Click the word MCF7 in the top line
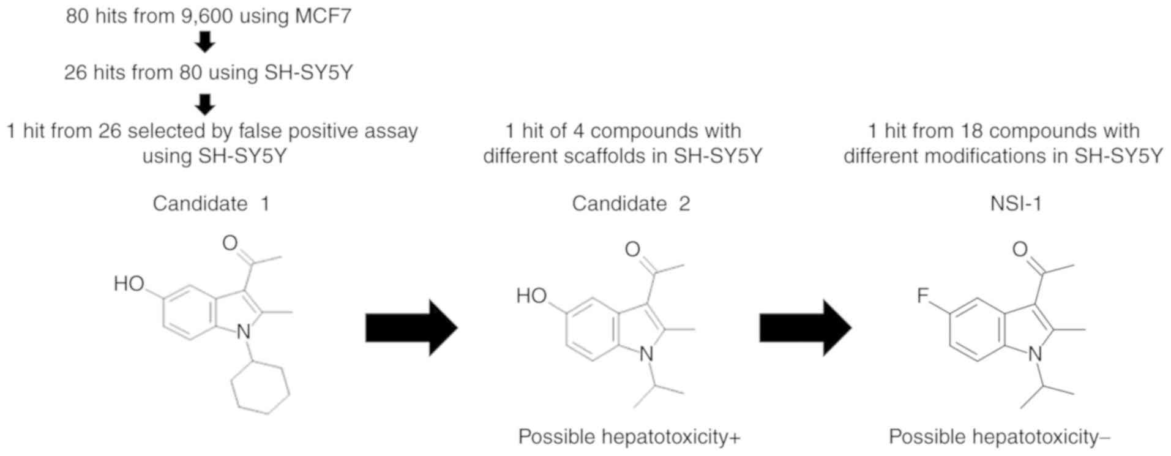[323, 15]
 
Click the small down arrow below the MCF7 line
[205, 42]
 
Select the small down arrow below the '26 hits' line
[205, 104]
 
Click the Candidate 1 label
[211, 203]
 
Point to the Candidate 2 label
[630, 203]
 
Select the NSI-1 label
[1016, 203]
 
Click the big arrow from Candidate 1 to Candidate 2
[411, 328]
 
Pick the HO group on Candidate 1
[129, 283]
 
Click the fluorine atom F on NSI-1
[922, 296]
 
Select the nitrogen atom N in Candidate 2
[646, 354]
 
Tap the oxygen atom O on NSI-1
[1020, 249]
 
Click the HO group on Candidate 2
[531, 296]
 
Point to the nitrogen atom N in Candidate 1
[244, 332]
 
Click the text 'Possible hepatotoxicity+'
[629, 437]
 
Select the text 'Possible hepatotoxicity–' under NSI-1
[999, 437]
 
